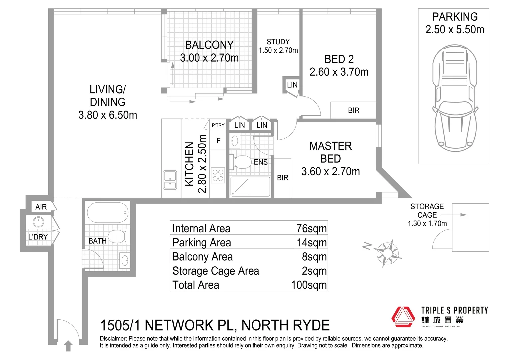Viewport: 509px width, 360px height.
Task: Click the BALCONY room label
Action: coord(209,45)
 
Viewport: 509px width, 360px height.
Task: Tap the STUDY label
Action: coord(278,42)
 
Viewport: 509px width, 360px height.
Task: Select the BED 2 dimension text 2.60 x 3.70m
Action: coord(339,72)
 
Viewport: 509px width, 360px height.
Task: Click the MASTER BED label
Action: coord(330,152)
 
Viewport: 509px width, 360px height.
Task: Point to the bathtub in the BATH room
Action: coord(107,212)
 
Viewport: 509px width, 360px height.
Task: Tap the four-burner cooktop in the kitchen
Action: coord(218,175)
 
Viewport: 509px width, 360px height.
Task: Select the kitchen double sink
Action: coord(170,180)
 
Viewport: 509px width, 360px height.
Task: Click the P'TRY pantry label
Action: coord(218,125)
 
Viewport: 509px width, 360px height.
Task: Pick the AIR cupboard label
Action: coord(41,207)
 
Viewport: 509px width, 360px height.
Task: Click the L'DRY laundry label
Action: coord(38,237)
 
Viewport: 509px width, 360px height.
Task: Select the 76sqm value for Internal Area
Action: coord(311,229)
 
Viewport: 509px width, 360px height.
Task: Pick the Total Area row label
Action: coord(196,285)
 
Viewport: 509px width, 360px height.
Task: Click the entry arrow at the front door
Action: coord(68,346)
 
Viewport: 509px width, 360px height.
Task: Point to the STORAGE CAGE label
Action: coord(427,211)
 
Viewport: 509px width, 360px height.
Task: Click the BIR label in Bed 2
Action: coord(353,110)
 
